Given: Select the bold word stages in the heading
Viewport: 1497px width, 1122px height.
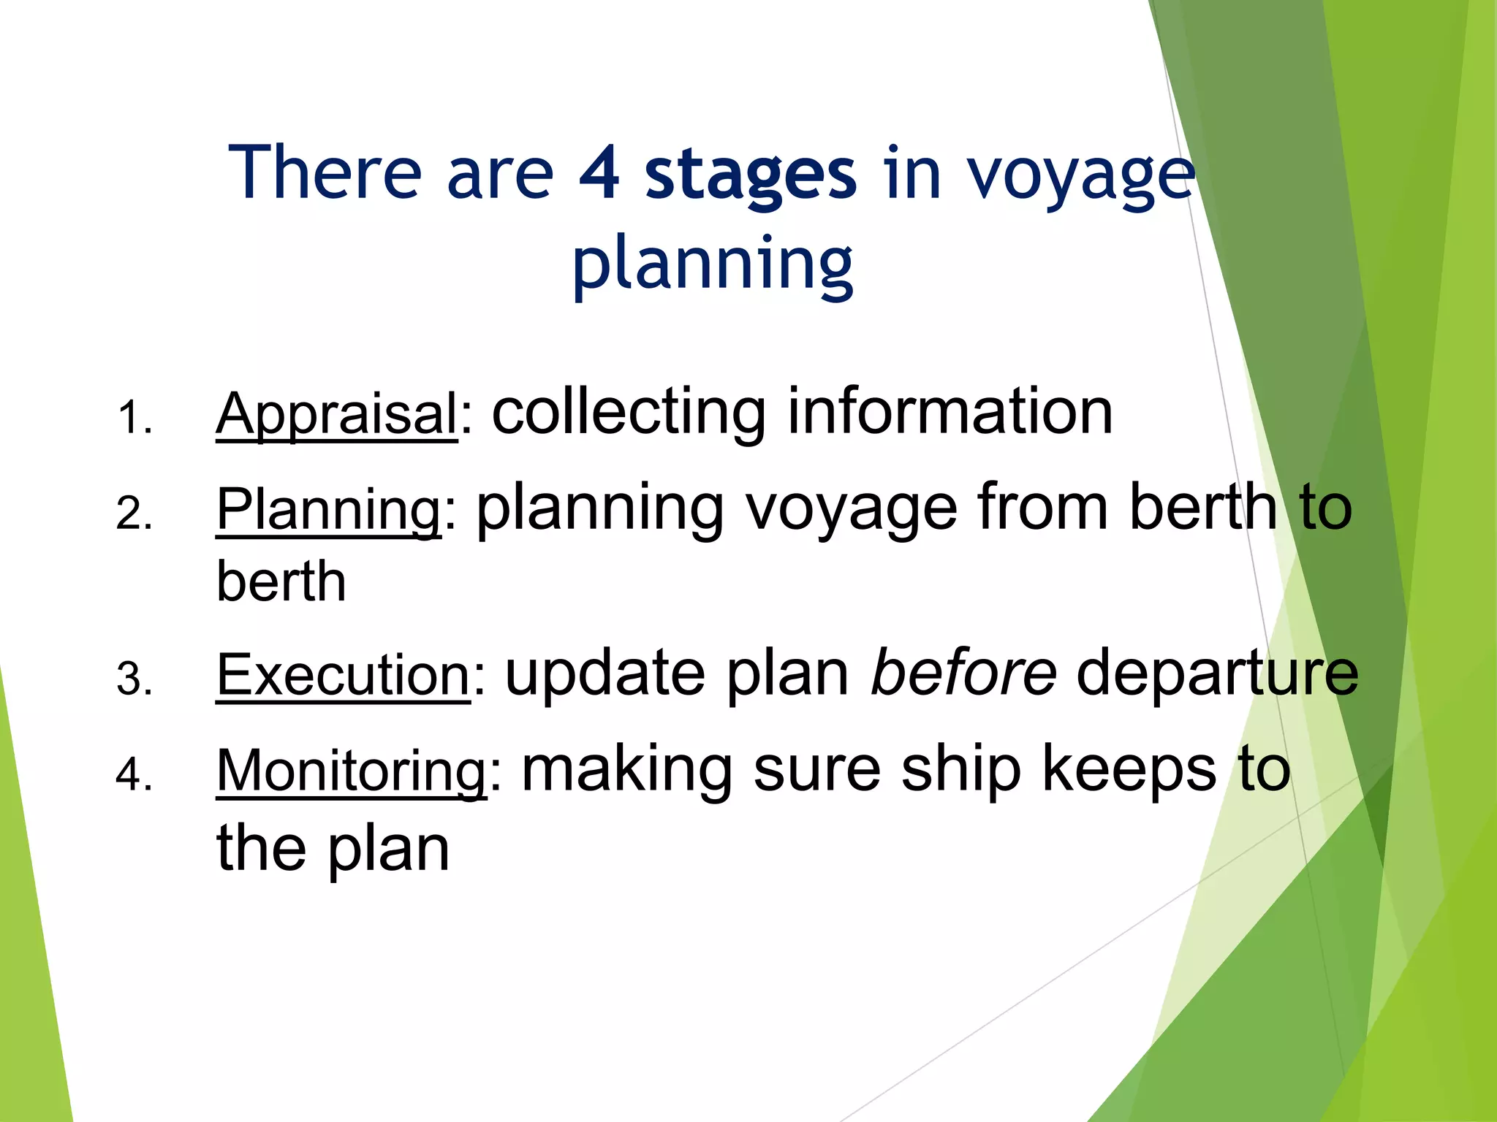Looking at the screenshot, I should (x=751, y=175).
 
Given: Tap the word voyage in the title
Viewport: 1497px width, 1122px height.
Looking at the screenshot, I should (x=1082, y=175).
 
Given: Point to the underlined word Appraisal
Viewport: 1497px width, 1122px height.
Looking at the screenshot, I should (x=337, y=414).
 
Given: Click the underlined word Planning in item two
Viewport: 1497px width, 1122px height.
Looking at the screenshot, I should (x=329, y=509).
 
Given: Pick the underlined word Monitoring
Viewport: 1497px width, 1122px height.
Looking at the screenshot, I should (x=352, y=771).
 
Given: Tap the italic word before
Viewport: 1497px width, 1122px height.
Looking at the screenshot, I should (x=963, y=672).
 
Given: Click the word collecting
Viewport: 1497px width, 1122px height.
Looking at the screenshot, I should (x=629, y=413).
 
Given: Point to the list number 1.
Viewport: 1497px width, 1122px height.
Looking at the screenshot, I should (x=134, y=418).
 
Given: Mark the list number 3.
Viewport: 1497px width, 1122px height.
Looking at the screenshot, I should (x=134, y=679).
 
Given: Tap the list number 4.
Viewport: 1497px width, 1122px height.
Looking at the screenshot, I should (x=134, y=774).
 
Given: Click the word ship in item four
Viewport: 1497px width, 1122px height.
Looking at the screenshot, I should (x=960, y=771).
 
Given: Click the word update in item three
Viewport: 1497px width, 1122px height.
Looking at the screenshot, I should (x=605, y=673).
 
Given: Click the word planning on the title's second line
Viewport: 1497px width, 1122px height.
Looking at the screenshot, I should (x=713, y=264).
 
